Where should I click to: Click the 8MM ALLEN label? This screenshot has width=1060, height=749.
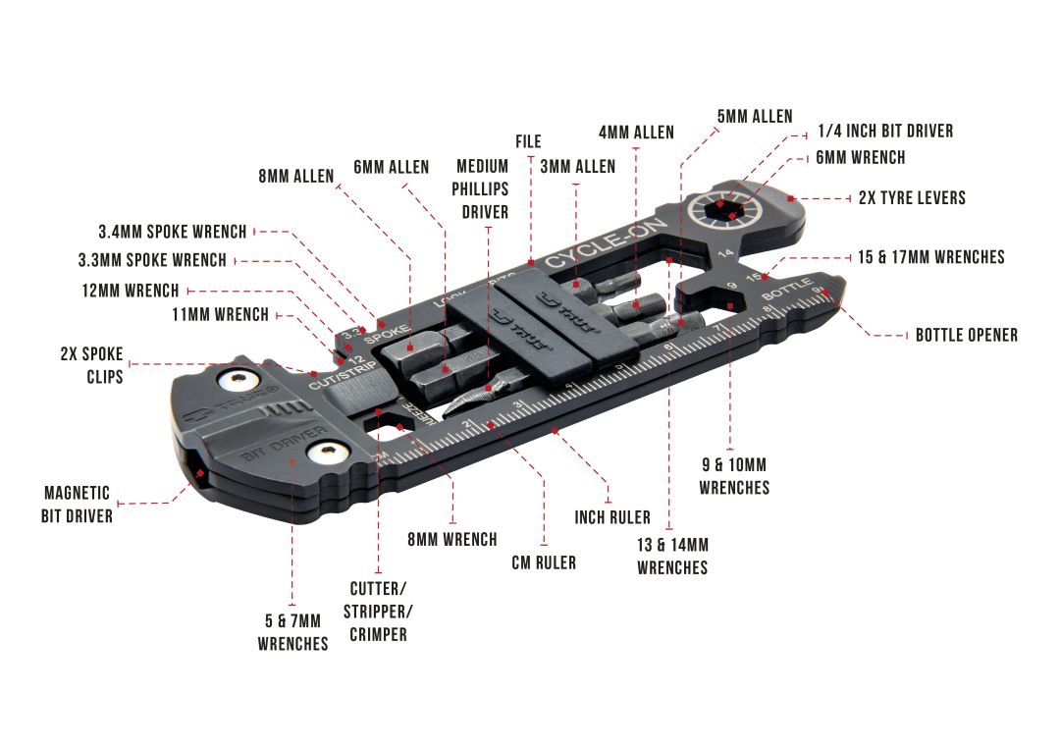(295, 177)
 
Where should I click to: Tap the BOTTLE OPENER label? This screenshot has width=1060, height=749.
(966, 335)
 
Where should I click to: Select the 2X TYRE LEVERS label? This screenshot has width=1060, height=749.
(912, 197)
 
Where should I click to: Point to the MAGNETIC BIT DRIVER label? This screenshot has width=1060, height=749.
(78, 504)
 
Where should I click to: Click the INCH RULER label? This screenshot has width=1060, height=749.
(612, 516)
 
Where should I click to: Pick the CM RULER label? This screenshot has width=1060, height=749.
(544, 562)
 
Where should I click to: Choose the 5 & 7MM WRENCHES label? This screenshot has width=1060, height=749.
(292, 632)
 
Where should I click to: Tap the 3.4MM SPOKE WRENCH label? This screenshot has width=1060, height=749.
(173, 232)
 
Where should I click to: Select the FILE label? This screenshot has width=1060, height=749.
(528, 142)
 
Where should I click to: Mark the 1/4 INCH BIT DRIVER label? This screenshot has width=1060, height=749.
(885, 131)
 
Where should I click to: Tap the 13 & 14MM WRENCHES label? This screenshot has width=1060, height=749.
(672, 556)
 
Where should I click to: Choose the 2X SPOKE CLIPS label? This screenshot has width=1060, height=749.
(91, 364)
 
